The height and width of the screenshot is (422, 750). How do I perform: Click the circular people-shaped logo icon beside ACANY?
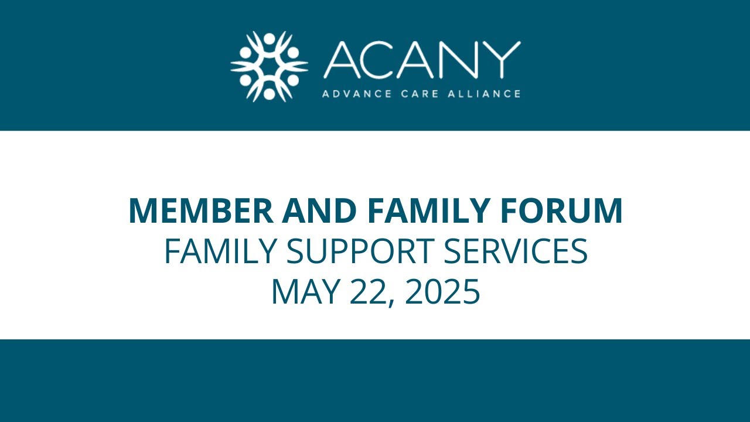[x=269, y=66]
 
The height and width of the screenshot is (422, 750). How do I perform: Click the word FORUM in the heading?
[x=571, y=211]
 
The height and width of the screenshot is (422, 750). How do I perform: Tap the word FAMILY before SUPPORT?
[x=220, y=251]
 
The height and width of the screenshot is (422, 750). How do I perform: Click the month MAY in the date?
[x=306, y=291]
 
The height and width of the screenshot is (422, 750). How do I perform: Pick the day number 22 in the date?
[x=367, y=291]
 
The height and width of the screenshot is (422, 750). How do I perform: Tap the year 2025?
[x=442, y=291]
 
